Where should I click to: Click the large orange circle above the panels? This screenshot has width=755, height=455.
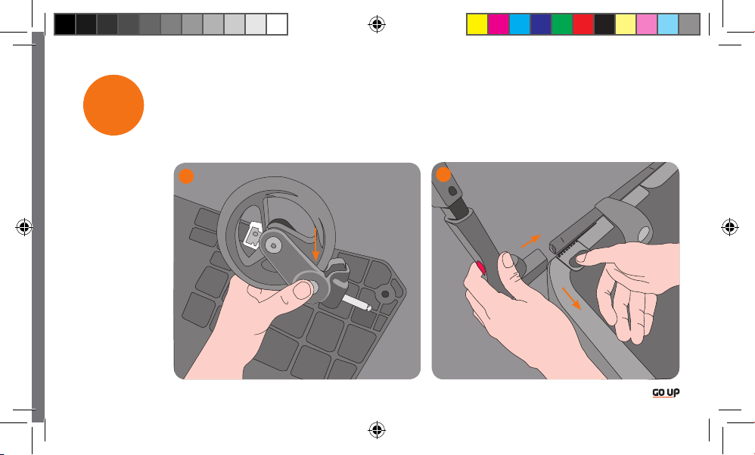[113, 105]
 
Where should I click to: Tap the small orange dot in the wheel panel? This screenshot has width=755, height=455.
[186, 176]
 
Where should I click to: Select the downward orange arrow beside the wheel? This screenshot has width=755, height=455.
[315, 245]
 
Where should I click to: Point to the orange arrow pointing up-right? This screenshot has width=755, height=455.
[531, 241]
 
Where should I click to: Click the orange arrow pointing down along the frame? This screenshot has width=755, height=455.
[572, 299]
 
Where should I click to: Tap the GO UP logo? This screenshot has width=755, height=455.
[666, 393]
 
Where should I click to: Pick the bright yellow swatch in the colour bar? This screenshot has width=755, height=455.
[477, 24]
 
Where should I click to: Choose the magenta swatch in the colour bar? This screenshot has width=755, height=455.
[499, 24]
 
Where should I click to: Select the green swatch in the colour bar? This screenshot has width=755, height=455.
[562, 24]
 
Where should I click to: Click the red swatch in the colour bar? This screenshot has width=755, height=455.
[583, 24]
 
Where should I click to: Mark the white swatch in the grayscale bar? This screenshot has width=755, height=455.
[277, 24]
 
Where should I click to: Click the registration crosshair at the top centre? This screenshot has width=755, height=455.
[377, 23]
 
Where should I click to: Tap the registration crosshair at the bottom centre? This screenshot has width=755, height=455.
[377, 429]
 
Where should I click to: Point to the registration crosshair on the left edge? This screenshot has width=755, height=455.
[24, 226]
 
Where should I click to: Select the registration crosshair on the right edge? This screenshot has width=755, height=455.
[729, 226]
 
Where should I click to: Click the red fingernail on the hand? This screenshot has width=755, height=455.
[480, 267]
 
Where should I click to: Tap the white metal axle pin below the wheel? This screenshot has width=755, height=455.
[356, 303]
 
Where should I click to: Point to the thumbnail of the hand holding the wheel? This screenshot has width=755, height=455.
[303, 290]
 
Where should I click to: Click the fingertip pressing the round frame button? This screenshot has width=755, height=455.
[581, 258]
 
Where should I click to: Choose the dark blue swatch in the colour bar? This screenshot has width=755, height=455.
[541, 24]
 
